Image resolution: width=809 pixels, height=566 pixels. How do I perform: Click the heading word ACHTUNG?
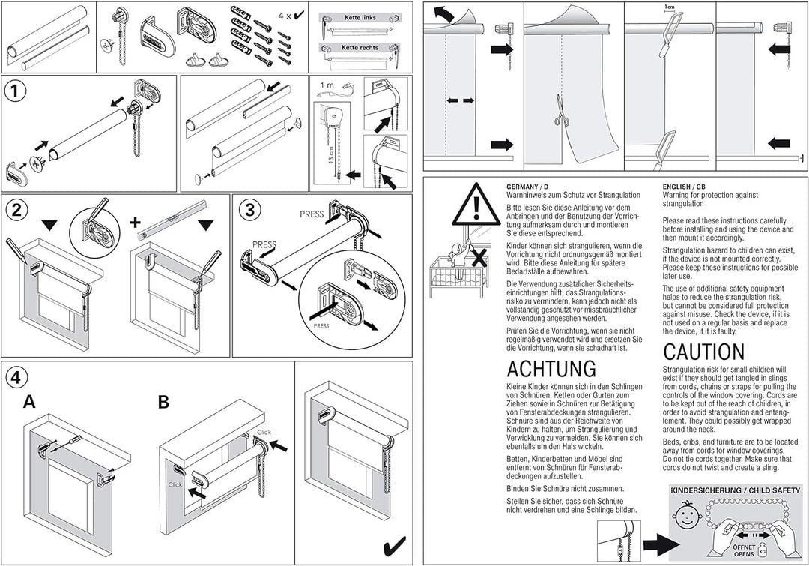tap(551, 369)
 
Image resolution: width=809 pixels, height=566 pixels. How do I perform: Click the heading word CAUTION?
tap(703, 352)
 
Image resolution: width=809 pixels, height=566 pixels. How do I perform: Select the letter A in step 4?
tap(29, 403)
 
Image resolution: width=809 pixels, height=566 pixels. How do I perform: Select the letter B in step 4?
tap(163, 403)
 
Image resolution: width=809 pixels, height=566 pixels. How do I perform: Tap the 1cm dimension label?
tap(669, 7)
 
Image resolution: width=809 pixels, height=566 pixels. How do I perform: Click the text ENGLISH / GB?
tap(683, 187)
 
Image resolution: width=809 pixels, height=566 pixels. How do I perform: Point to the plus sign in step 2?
tap(135, 223)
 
